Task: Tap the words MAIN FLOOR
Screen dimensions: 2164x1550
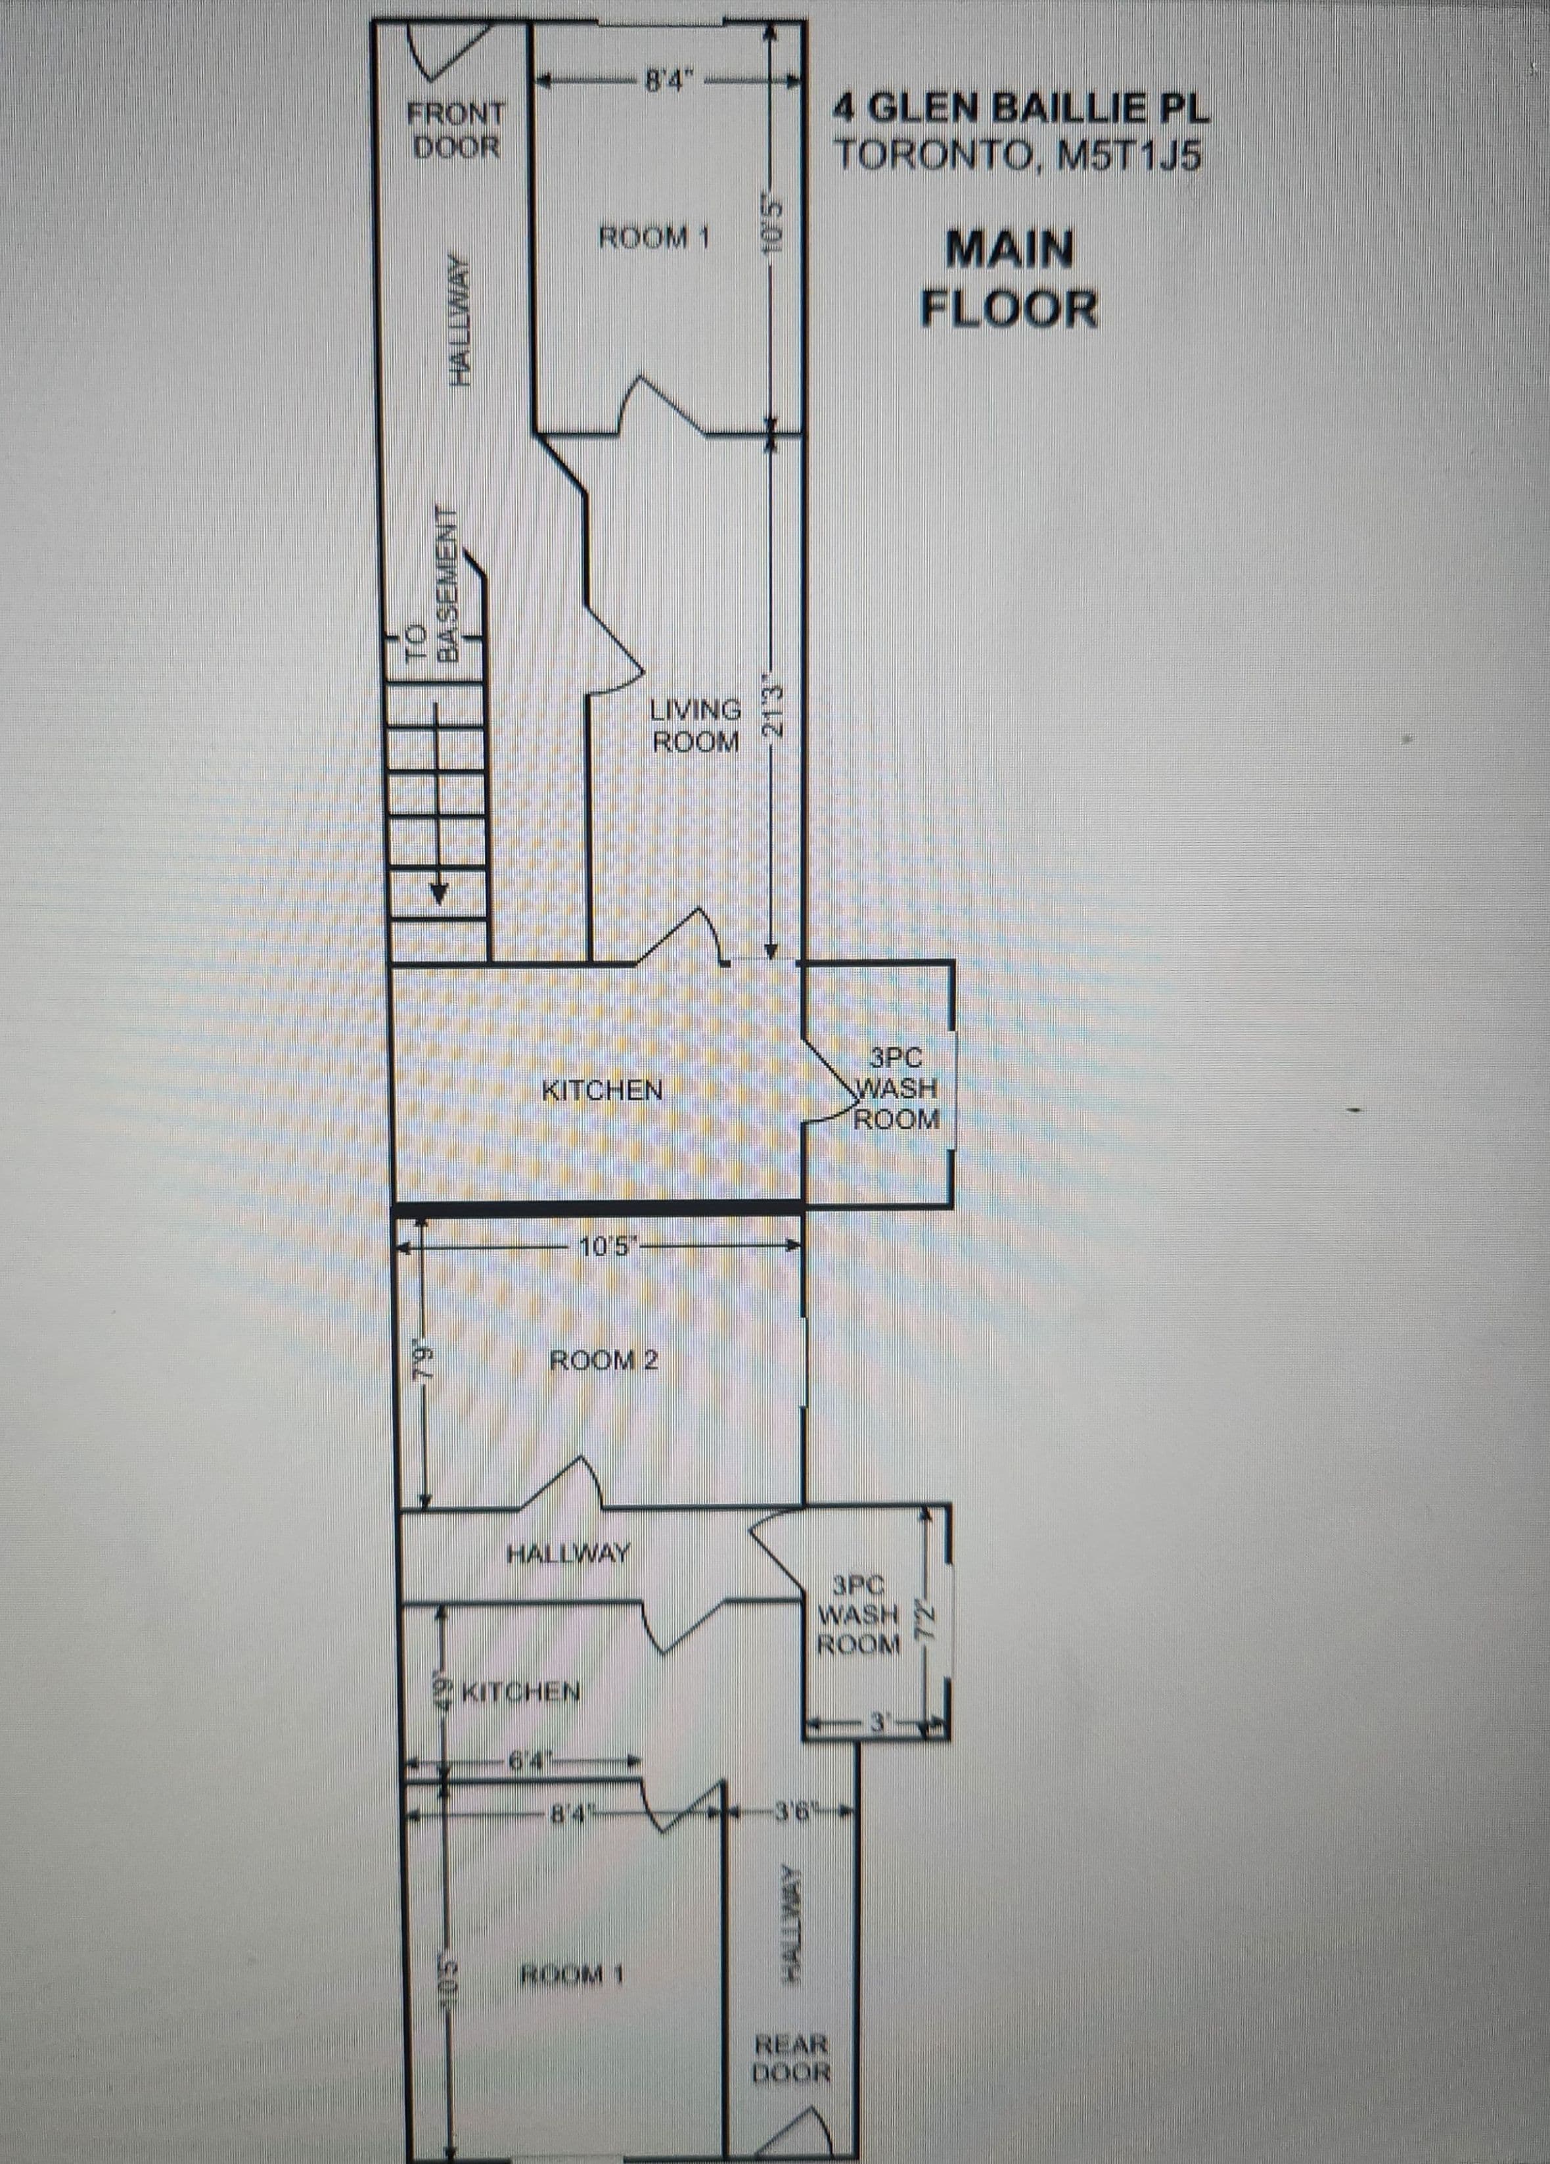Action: click(x=1009, y=279)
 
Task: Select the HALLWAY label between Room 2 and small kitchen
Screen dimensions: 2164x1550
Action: click(x=568, y=1554)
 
